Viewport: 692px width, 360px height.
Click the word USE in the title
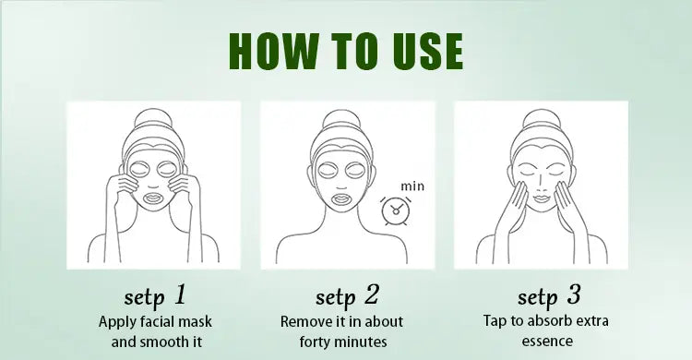tap(427, 52)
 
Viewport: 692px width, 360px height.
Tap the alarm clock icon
tap(396, 210)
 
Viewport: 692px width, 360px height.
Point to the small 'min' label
tap(412, 186)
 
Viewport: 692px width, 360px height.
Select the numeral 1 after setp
tap(179, 294)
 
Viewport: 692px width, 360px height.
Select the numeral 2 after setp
tap(372, 294)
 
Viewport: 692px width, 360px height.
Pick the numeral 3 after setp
tap(573, 294)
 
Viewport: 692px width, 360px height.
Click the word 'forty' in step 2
tap(315, 342)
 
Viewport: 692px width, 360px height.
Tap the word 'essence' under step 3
tap(547, 341)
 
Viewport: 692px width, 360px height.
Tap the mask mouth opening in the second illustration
tap(342, 198)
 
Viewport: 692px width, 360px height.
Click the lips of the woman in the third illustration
tap(542, 197)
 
